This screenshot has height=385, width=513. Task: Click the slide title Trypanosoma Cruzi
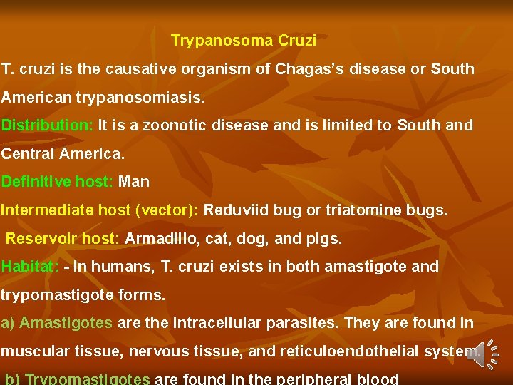pos(244,41)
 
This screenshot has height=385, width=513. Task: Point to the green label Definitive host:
pos(57,182)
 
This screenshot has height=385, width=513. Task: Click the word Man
pos(134,182)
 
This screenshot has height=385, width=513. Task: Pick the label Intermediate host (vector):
pos(102,210)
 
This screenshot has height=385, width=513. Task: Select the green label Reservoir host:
pos(63,239)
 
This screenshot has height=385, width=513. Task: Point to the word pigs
pos(325,239)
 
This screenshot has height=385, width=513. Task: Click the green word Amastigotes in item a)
pos(66,323)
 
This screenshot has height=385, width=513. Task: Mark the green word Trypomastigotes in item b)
pos(87,379)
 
